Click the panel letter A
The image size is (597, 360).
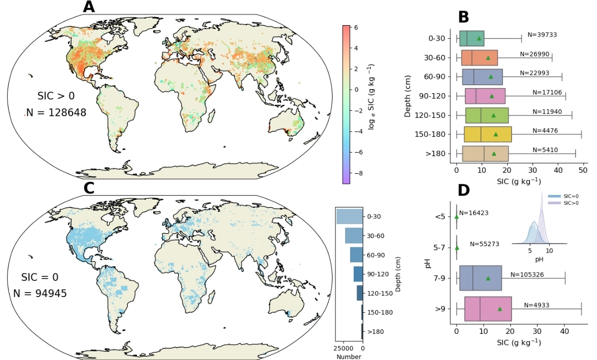point(89,7)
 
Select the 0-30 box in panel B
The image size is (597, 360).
point(472,38)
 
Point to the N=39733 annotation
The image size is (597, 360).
point(542,35)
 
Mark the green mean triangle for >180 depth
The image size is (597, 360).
point(494,154)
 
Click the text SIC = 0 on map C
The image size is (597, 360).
point(40,277)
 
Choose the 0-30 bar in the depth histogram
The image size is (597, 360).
point(349,216)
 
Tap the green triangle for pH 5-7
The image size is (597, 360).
point(457,248)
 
